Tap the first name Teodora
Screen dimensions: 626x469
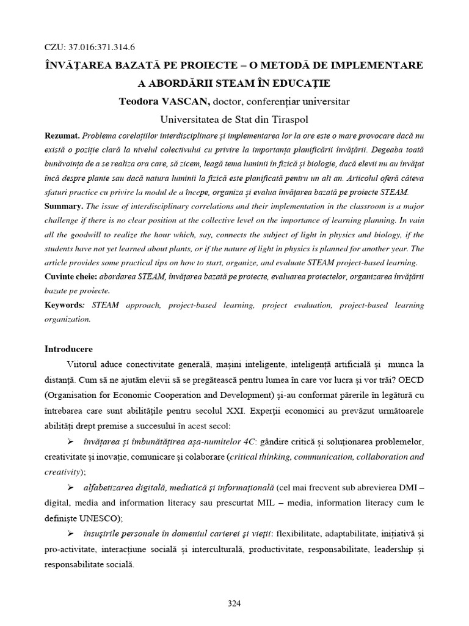(147, 101)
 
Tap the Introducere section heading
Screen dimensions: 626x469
(68, 349)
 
